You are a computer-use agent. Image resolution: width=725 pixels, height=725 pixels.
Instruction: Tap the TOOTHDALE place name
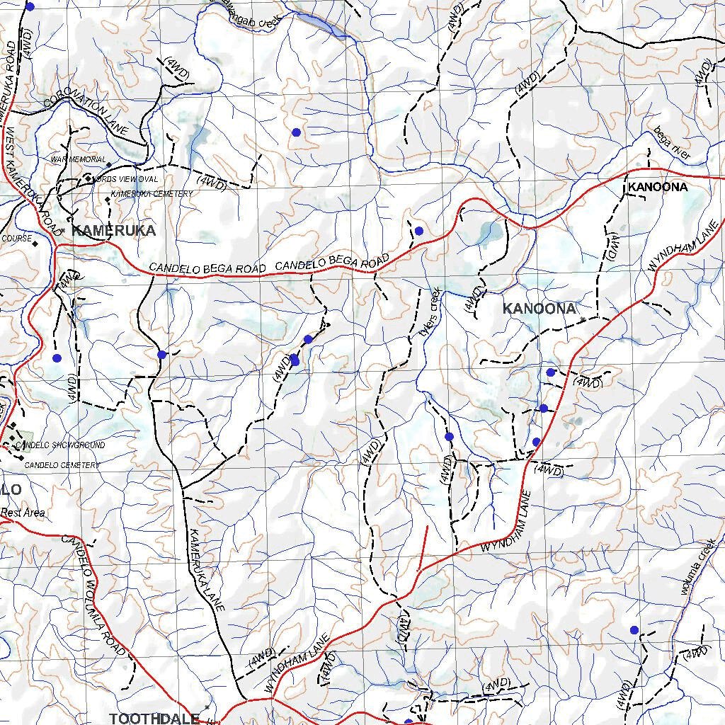point(154,718)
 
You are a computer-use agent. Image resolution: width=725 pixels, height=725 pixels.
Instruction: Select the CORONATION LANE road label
point(86,112)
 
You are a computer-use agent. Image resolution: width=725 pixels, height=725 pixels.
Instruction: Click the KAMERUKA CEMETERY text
point(152,194)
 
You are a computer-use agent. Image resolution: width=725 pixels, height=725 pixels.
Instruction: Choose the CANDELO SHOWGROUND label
point(59,445)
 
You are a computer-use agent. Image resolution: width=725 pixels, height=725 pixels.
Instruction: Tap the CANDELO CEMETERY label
point(62,465)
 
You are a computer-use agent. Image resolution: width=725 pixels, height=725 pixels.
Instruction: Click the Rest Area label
point(23,513)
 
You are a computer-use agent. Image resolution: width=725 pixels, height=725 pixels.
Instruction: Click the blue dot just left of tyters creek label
point(418,231)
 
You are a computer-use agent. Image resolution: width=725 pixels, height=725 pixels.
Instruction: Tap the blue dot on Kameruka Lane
point(162,354)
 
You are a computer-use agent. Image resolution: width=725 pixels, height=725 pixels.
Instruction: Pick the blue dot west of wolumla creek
point(634,629)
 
